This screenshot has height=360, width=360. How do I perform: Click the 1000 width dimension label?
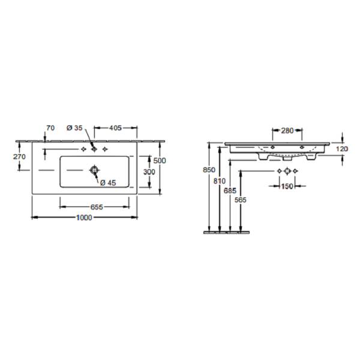click(84, 217)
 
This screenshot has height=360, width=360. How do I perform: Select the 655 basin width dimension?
click(97, 207)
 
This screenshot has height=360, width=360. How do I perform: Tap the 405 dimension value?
click(115, 128)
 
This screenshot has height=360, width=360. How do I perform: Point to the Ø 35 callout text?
click(74, 128)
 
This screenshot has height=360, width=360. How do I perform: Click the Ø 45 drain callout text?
click(108, 183)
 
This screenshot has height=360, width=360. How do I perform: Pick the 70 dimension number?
click(50, 128)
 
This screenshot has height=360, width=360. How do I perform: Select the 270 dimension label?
click(19, 157)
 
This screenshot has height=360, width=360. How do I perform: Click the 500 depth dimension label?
click(160, 161)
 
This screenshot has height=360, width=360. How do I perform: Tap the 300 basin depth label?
click(149, 172)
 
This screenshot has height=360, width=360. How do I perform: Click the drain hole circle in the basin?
click(94, 170)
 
